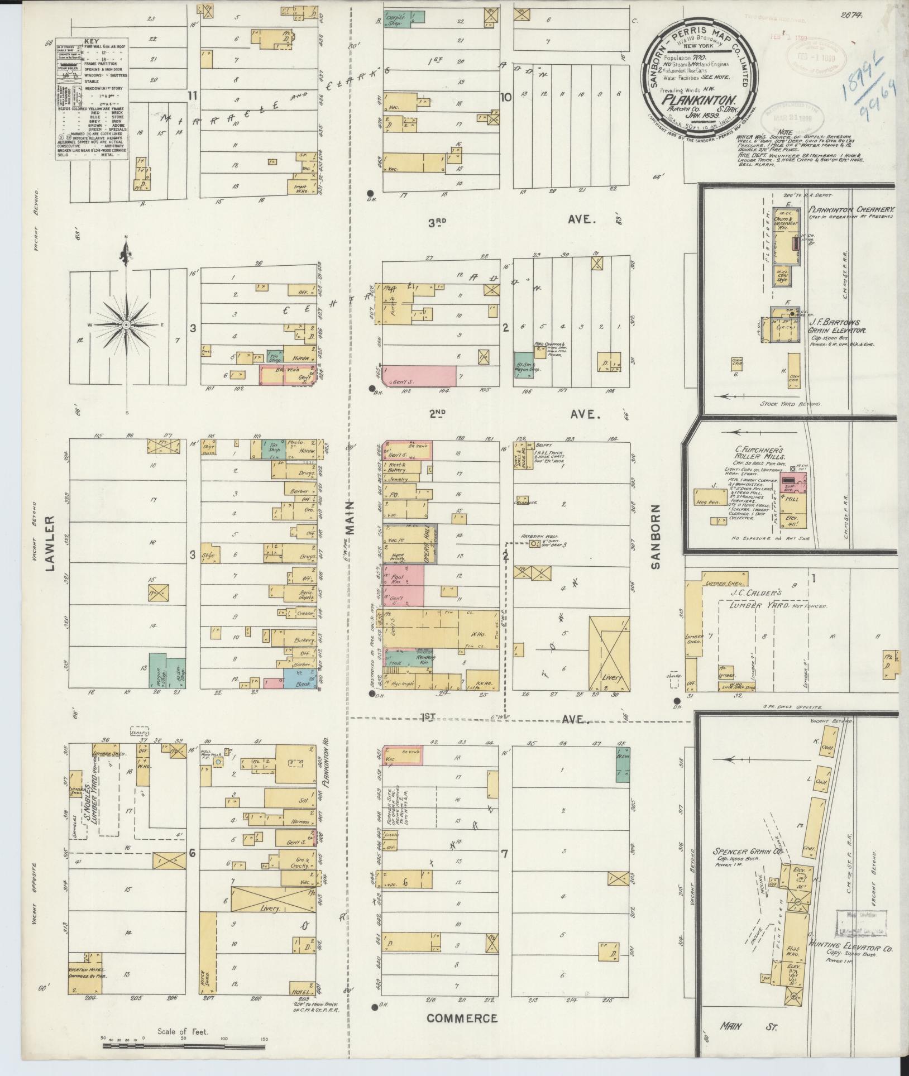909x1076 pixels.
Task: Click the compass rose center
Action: click(x=126, y=324)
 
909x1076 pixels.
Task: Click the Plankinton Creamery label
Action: click(x=852, y=210)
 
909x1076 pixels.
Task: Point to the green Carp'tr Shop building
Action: click(x=410, y=19)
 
